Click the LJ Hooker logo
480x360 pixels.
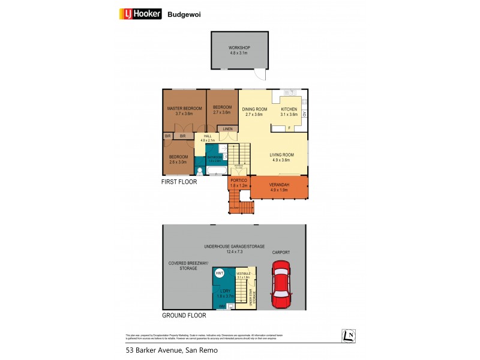click(141, 14)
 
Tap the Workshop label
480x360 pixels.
click(239, 50)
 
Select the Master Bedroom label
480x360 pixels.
click(184, 110)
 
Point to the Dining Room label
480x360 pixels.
click(255, 112)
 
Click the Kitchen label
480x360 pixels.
click(289, 112)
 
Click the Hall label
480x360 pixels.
click(208, 137)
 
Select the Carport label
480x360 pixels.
click(281, 253)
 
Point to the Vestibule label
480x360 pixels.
click(244, 274)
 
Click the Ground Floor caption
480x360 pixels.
click(184, 315)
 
